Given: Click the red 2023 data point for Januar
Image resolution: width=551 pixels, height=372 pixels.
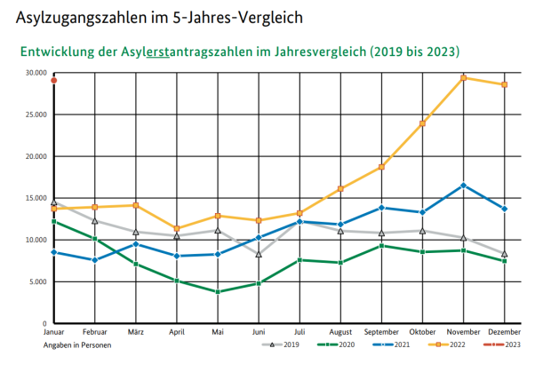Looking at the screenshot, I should (x=54, y=81).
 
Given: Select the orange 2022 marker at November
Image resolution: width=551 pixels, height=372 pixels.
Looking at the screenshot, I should (x=464, y=78).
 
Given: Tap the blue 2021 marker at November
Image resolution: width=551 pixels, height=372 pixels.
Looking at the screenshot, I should (x=464, y=186).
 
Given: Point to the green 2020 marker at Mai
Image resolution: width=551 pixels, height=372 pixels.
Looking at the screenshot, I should (x=218, y=291).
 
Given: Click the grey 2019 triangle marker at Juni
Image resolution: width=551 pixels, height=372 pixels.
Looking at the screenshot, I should (x=259, y=255).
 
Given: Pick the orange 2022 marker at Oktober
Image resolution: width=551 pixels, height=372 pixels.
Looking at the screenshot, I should (x=423, y=123).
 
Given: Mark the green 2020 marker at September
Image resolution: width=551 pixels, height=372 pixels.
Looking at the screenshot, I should (x=382, y=246).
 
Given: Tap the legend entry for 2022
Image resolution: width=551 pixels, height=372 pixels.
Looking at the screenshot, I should (x=448, y=344).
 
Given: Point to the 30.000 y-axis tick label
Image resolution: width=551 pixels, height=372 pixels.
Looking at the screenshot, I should (x=36, y=73).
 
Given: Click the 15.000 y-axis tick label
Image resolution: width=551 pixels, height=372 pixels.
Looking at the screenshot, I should (x=36, y=198).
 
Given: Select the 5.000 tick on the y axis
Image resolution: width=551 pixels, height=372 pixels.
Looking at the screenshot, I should (x=38, y=282).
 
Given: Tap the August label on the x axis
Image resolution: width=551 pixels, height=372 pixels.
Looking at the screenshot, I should (x=340, y=331).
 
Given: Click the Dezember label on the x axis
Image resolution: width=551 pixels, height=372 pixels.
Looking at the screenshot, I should (x=504, y=331).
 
